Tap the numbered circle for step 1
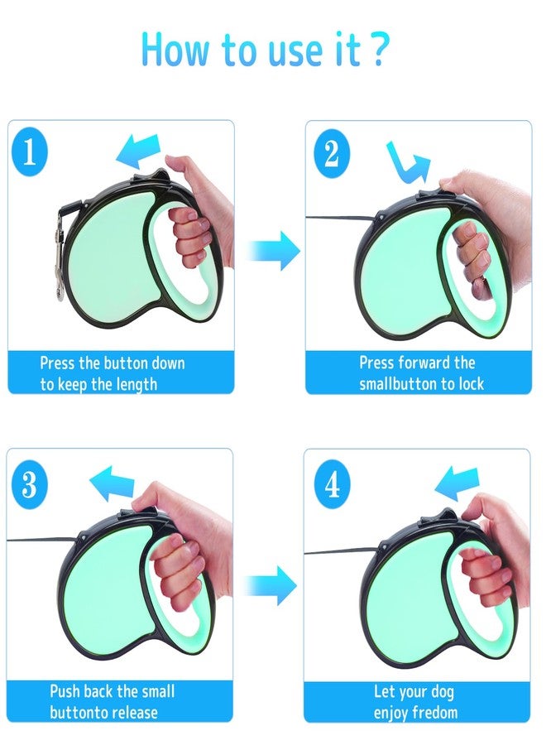coord(30,152)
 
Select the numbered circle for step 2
coord(332,153)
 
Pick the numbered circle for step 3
coord(30,483)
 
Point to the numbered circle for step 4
coord(333,484)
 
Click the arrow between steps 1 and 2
coord(274,250)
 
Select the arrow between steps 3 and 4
coord(271,585)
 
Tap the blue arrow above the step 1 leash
coord(137,151)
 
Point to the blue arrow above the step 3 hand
coord(112,483)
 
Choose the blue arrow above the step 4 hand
coord(457,483)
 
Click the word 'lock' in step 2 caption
coord(471,383)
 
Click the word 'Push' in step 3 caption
coord(65,691)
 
